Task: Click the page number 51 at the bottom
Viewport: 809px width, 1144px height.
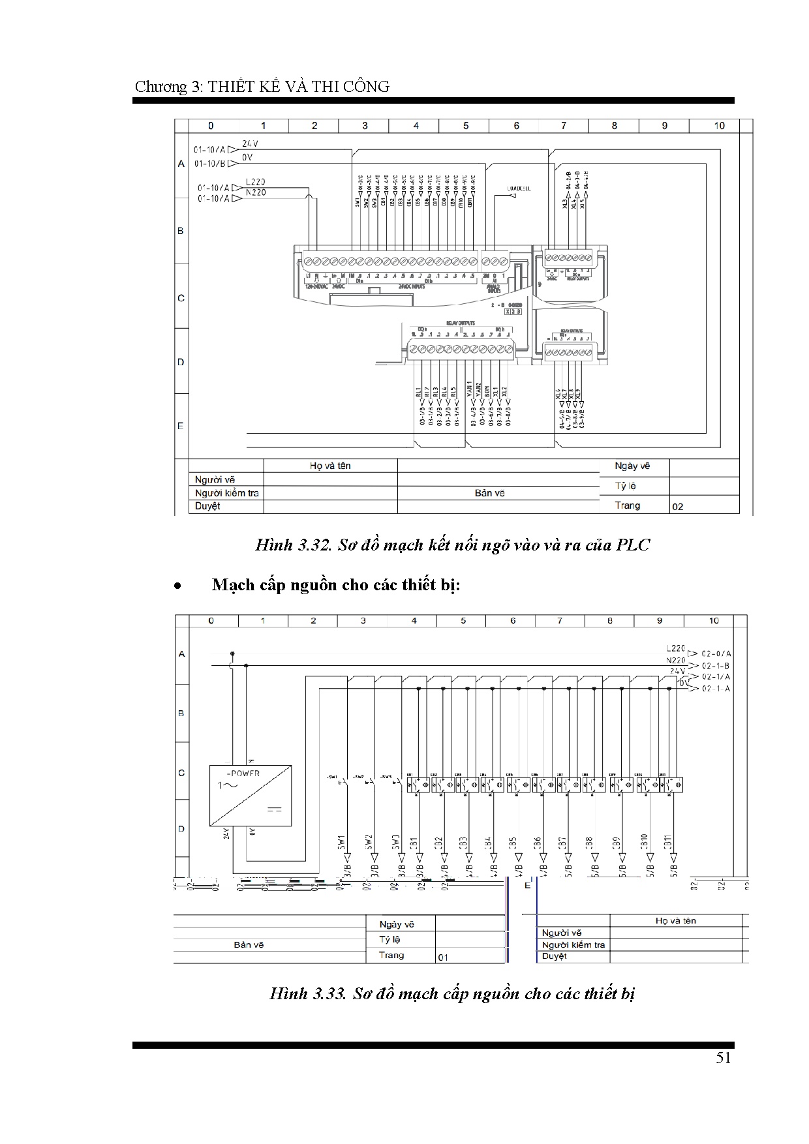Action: [x=723, y=1058]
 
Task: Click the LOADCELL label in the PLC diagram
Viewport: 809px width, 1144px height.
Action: [x=519, y=188]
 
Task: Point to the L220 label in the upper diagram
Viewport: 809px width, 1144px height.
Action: [x=255, y=183]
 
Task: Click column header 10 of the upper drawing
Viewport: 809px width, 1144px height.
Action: [x=719, y=126]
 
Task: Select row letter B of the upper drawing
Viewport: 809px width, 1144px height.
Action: [x=181, y=231]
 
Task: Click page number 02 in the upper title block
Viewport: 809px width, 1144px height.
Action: [x=678, y=506]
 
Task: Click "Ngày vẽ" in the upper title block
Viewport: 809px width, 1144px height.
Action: [x=632, y=466]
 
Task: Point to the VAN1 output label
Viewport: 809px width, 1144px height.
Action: [x=469, y=389]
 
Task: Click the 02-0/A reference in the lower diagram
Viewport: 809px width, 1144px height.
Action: [x=716, y=653]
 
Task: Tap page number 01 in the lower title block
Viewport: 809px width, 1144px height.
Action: [x=443, y=957]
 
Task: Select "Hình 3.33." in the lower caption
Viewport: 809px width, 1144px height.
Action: [x=307, y=994]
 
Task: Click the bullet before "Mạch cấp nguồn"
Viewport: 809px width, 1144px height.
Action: [x=177, y=586]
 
